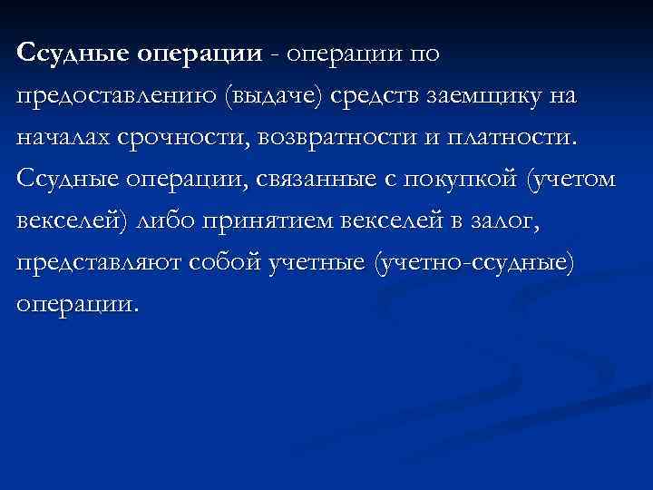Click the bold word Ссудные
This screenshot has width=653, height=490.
[x=73, y=54]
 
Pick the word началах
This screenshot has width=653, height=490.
[x=62, y=139]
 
